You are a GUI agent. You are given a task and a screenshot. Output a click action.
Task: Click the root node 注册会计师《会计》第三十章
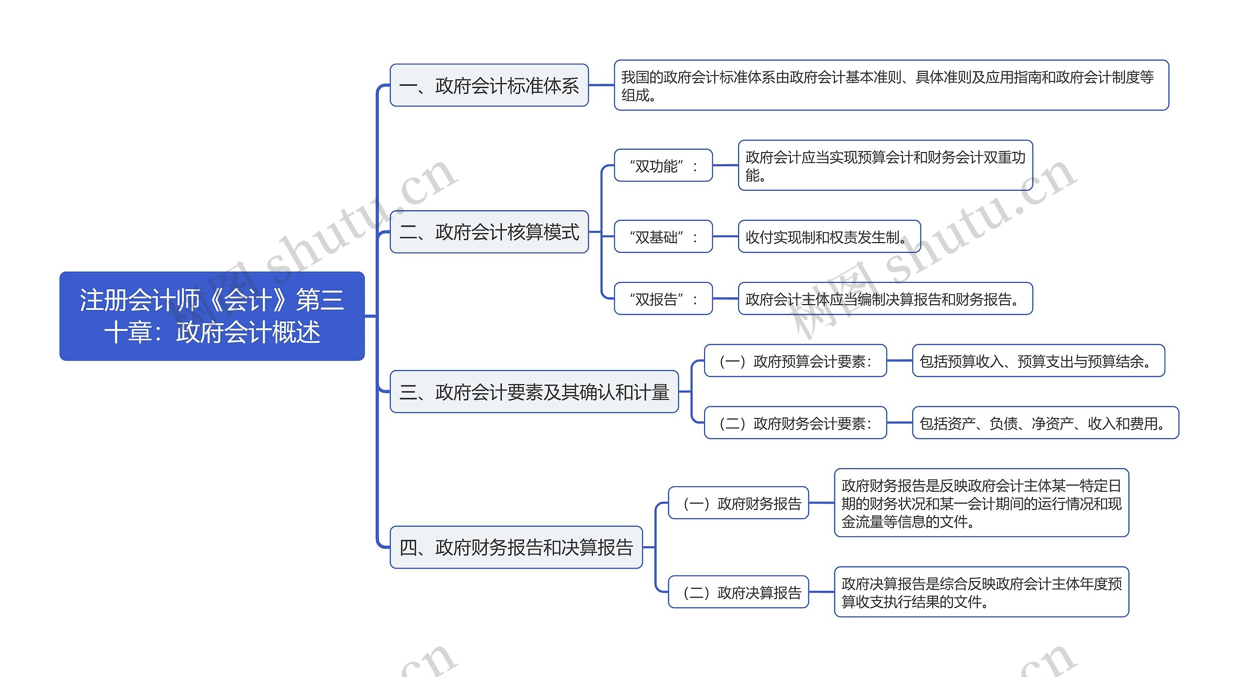pos(212,316)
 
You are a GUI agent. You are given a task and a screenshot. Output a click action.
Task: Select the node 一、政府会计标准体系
pos(489,85)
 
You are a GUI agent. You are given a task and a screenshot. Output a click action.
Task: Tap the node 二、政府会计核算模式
pos(489,232)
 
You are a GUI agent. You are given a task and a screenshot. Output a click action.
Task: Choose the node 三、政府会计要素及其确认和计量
pos(534,392)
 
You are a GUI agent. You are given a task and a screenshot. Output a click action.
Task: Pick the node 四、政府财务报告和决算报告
pos(516,547)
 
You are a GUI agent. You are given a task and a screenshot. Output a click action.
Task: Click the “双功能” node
pos(663,166)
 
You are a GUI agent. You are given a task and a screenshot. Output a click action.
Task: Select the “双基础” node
pos(663,237)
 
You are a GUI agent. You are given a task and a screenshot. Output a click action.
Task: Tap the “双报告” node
pos(663,299)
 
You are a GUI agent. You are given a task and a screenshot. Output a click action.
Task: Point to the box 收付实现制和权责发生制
pos(829,237)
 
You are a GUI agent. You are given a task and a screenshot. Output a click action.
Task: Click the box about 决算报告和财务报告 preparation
pos(885,299)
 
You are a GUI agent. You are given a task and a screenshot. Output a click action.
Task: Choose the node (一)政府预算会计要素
pos(795,361)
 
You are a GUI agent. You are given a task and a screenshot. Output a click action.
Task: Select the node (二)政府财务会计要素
pos(795,423)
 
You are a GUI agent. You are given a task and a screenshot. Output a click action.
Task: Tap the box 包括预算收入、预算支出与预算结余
pos(1038,361)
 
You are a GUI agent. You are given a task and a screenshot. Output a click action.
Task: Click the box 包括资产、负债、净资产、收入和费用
pos(1045,423)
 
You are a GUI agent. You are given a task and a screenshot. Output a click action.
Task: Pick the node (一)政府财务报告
pos(738,503)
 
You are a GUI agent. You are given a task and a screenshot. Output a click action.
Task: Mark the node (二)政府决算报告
pos(738,592)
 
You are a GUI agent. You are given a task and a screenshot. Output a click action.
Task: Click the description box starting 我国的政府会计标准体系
pos(891,85)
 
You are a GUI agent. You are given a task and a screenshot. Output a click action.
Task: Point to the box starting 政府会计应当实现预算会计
pos(885,166)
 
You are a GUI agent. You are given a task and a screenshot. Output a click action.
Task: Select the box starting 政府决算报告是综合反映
pos(981,592)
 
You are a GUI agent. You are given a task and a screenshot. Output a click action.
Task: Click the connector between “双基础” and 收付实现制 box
pos(725,237)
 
